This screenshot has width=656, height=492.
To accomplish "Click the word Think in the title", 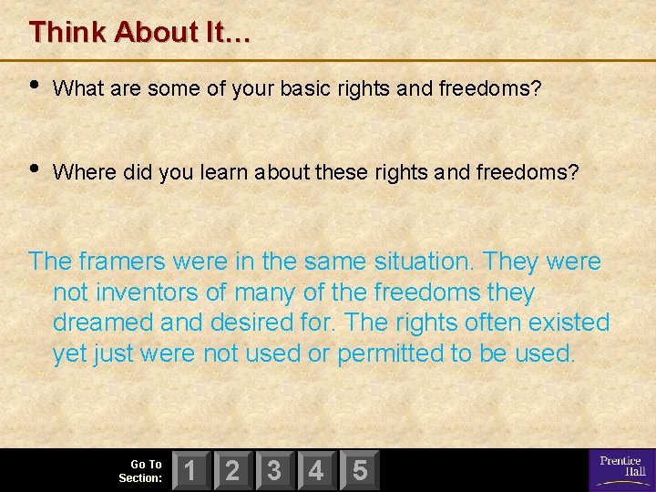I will [x=67, y=33].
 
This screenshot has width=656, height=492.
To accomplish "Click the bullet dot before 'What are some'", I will [x=35, y=86].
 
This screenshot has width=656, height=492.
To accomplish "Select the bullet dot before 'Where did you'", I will [x=35, y=169].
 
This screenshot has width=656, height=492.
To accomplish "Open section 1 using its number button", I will [x=191, y=470].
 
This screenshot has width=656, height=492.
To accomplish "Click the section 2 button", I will [x=233, y=470].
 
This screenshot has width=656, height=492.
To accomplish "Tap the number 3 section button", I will [x=275, y=470].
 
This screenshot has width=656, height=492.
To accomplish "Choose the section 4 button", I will [x=317, y=470].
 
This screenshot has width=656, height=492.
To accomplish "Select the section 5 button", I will [x=359, y=470].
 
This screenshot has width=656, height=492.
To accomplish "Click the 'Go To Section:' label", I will [x=141, y=471].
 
